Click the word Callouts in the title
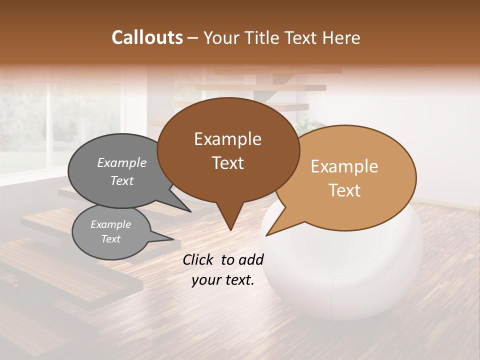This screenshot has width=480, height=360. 147,37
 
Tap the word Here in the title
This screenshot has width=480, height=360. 342,37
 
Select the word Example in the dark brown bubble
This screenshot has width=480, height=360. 227,139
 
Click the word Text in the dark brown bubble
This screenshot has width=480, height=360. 227,163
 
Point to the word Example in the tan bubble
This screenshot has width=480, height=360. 344,166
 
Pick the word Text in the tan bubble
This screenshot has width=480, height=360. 345,190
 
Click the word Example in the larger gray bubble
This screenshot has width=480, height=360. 122,162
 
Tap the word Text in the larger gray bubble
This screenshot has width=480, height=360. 122,180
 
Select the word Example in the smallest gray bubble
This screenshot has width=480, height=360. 111,224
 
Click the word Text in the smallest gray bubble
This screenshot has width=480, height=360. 111,239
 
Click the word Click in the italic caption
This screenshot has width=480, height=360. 198,259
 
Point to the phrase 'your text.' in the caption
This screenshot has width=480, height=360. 223,280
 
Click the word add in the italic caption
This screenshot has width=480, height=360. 250,259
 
